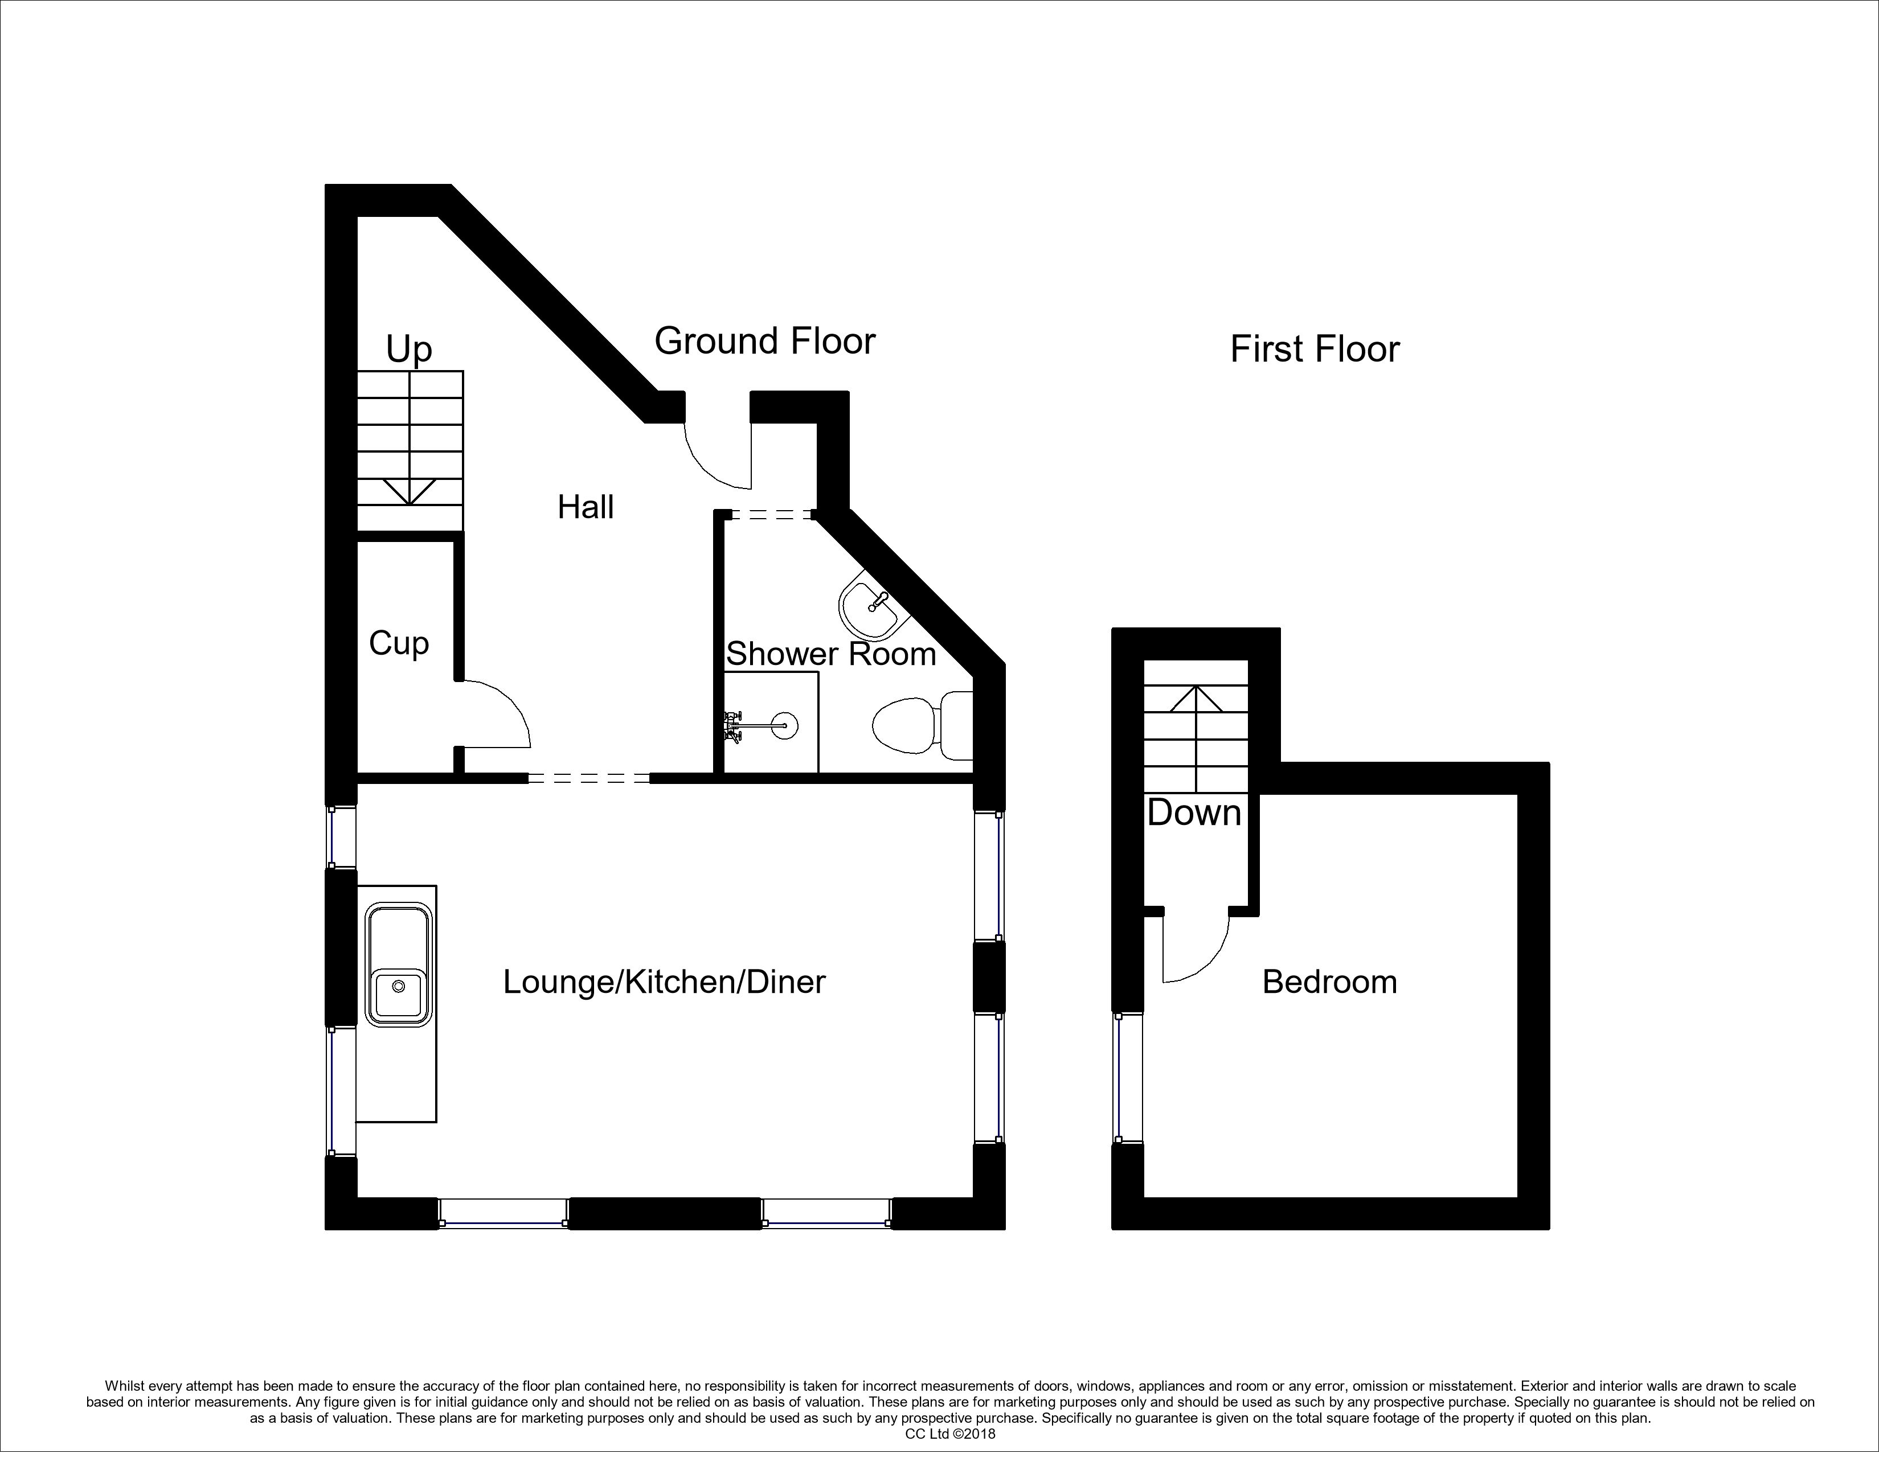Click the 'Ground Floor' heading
pyautogui.click(x=765, y=342)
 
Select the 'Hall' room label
pyautogui.click(x=586, y=507)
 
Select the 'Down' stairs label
pyautogui.click(x=1194, y=813)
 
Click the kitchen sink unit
pyautogui.click(x=397, y=1004)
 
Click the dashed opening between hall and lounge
pyautogui.click(x=588, y=778)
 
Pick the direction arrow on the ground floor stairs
pyautogui.click(x=410, y=492)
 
